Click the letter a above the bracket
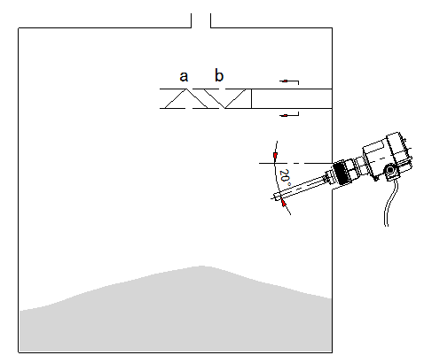coord(184,76)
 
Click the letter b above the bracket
coord(219,75)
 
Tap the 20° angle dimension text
coord(285,176)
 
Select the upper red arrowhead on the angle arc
coord(276,156)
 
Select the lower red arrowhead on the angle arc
coord(284,203)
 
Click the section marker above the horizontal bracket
coord(289,81)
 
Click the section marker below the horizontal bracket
coord(289,114)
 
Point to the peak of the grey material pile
coord(202,266)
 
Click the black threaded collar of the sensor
coord(340,174)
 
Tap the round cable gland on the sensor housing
coord(390,170)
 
